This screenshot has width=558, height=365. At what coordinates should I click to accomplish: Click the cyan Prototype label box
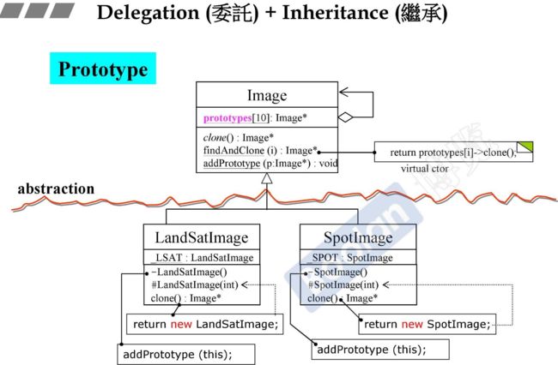pyautogui.click(x=103, y=69)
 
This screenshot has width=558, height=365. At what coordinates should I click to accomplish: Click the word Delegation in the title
pyautogui.click(x=148, y=13)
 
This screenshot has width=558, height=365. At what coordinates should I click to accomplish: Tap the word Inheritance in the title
pyautogui.click(x=335, y=13)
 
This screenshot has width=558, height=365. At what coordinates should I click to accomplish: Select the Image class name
pyautogui.click(x=267, y=95)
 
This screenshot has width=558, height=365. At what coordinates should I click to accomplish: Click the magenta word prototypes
pyautogui.click(x=227, y=117)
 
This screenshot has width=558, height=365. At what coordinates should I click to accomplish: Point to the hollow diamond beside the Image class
pyautogui.click(x=345, y=117)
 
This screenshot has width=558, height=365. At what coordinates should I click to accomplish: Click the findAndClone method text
pyautogui.click(x=234, y=151)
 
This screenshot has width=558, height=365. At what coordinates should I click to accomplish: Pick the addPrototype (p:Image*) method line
pyautogui.click(x=270, y=164)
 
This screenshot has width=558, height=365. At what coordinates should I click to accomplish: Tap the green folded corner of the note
pyautogui.click(x=526, y=146)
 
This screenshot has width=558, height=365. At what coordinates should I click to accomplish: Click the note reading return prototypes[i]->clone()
pyautogui.click(x=453, y=152)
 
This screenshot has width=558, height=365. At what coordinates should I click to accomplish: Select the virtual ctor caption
pyautogui.click(x=424, y=168)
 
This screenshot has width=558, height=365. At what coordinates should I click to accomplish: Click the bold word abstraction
pyautogui.click(x=56, y=188)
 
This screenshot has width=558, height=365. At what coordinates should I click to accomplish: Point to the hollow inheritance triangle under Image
pyautogui.click(x=266, y=178)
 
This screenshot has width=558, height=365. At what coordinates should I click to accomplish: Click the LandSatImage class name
pyautogui.click(x=202, y=237)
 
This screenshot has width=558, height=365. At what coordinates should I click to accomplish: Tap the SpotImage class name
pyautogui.click(x=358, y=237)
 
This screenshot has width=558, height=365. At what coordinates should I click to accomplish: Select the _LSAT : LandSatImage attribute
pyautogui.click(x=202, y=257)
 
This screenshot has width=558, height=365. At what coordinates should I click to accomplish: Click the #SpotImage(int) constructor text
pyautogui.click(x=343, y=284)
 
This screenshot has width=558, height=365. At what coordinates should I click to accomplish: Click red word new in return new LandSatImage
pyautogui.click(x=181, y=324)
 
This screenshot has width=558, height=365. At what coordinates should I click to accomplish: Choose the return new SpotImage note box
pyautogui.click(x=427, y=324)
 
